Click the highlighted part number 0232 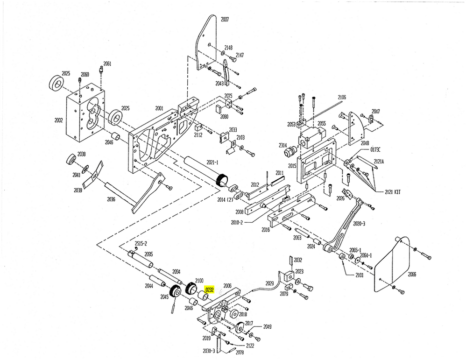[x=210, y=289]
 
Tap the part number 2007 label [x=225, y=20]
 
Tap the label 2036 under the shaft [x=111, y=199]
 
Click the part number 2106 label [x=342, y=97]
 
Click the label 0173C [x=375, y=149]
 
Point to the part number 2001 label [x=159, y=108]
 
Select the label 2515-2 [x=141, y=244]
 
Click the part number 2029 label [x=270, y=283]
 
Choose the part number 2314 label [x=283, y=146]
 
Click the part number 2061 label [x=107, y=64]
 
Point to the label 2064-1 [x=365, y=255]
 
